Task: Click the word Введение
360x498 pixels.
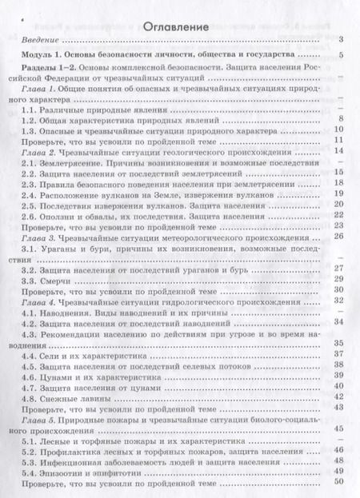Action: pyautogui.click(x=38, y=38)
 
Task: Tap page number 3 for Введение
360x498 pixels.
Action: pyautogui.click(x=341, y=38)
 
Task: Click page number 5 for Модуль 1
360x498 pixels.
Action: pyautogui.click(x=341, y=54)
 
